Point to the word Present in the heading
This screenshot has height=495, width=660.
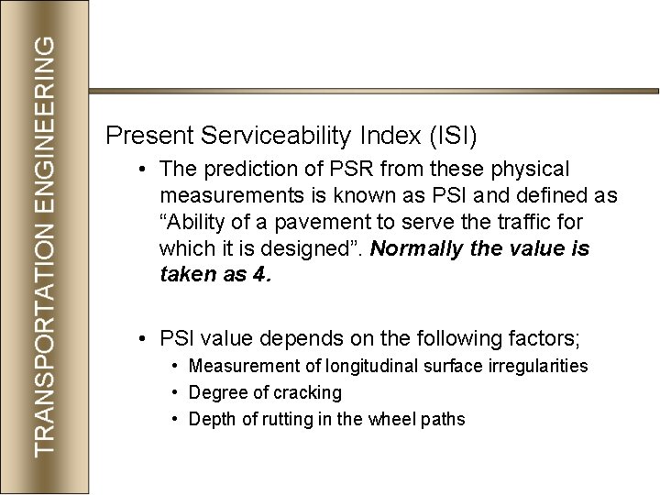(147, 137)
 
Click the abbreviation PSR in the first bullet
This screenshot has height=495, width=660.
(351, 170)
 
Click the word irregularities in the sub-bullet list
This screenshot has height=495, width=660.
(542, 367)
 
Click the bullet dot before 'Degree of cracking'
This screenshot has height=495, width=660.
(175, 393)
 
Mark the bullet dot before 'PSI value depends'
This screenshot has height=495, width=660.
(144, 338)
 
